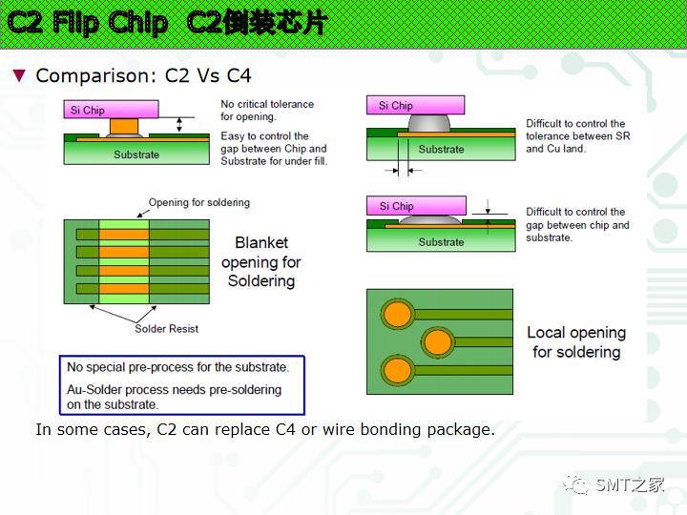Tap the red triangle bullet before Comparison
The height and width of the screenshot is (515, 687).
pos(18,75)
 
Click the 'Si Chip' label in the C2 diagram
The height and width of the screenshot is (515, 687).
pos(88,110)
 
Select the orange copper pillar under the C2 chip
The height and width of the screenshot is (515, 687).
pos(124,126)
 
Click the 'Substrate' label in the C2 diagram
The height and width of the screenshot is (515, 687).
pos(135,154)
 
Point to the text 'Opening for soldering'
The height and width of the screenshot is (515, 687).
pos(198,202)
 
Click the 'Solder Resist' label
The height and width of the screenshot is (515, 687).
pos(166,329)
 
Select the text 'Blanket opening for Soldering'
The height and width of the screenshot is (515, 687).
pos(260,262)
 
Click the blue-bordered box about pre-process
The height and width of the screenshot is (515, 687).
pos(181,384)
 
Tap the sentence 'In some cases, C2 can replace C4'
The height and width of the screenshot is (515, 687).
pos(264,430)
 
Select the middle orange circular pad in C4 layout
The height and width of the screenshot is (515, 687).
pos(437,340)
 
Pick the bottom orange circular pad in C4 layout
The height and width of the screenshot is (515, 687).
pos(396,368)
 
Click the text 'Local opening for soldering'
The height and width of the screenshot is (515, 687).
pos(576,342)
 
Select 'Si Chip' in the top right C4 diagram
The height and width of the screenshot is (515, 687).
pos(396,106)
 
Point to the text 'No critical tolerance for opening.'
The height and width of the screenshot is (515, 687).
pos(267,111)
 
